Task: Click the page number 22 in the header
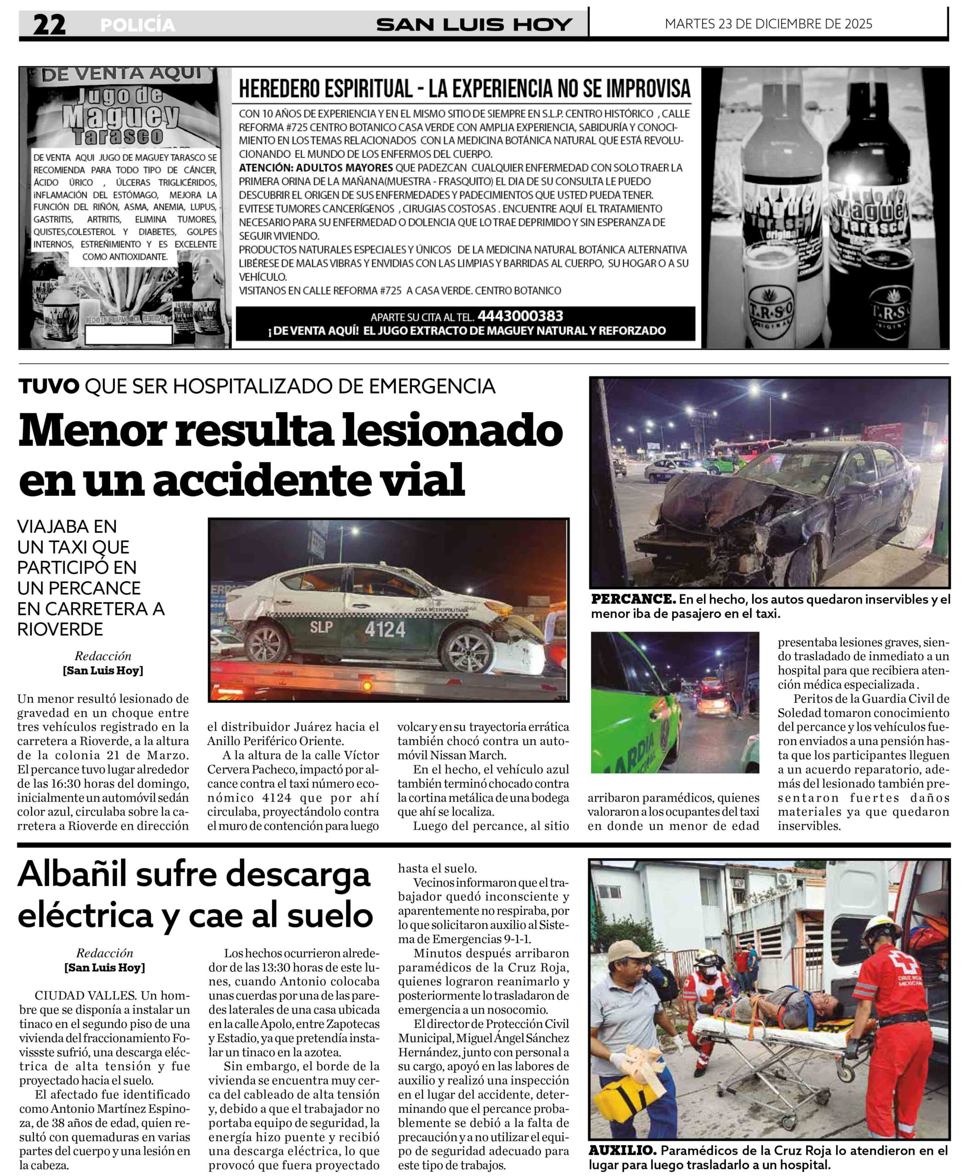click(49, 25)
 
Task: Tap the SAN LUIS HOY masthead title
click(474, 25)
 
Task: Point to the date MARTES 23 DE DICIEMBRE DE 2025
click(768, 23)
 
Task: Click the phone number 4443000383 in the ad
click(520, 316)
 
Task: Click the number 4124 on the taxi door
click(385, 629)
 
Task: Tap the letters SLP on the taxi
click(322, 627)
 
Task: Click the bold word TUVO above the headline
click(49, 386)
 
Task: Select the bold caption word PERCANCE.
click(633, 599)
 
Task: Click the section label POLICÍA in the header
click(137, 25)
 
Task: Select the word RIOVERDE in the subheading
click(61, 629)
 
